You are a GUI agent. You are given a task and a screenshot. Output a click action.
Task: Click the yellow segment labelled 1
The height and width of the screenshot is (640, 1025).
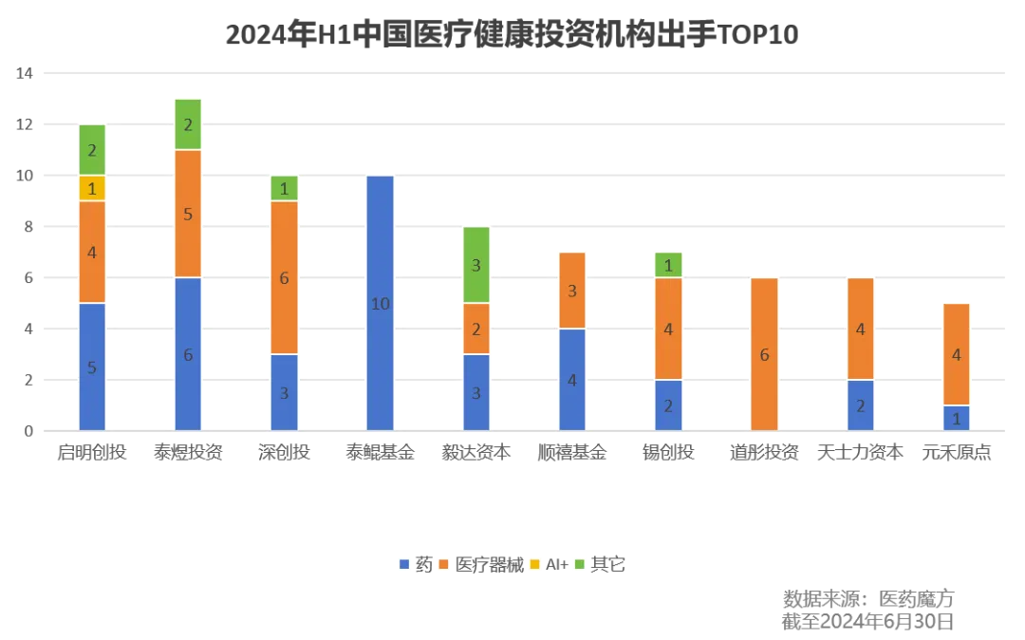click(92, 188)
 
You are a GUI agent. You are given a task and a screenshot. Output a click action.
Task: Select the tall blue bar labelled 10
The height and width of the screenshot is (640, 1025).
click(380, 303)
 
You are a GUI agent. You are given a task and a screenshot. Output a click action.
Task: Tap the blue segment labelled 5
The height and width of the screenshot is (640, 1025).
click(92, 367)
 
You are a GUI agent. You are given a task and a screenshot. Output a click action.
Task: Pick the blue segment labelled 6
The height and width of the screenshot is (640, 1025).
click(188, 354)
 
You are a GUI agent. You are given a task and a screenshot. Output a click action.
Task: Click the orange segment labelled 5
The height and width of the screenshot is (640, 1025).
click(188, 214)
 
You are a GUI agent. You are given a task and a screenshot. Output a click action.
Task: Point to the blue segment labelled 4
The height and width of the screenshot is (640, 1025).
click(572, 380)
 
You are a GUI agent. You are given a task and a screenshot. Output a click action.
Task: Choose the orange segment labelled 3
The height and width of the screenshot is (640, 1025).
click(572, 291)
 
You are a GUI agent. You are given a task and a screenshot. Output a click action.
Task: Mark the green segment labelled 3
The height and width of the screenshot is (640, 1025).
click(477, 265)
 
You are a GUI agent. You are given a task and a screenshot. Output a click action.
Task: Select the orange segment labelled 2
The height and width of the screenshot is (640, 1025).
click(477, 329)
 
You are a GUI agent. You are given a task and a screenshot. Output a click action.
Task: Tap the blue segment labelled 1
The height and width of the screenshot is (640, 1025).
click(957, 418)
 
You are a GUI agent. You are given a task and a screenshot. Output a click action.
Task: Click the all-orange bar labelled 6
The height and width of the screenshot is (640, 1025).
click(764, 354)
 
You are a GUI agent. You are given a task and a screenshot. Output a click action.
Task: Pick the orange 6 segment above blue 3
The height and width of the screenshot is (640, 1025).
click(285, 277)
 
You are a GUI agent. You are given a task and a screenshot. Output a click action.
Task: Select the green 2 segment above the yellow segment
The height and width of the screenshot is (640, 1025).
click(92, 150)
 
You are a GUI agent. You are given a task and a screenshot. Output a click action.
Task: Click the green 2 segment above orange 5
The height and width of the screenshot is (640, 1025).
click(188, 124)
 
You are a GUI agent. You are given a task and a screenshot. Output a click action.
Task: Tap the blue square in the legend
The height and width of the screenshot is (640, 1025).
click(405, 565)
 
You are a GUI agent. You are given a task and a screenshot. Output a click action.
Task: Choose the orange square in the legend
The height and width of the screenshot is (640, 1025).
click(443, 565)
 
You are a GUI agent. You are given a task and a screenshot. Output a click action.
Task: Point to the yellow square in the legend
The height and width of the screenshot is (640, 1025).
click(534, 565)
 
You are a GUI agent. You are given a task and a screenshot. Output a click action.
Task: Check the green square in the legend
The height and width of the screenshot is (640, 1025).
click(578, 565)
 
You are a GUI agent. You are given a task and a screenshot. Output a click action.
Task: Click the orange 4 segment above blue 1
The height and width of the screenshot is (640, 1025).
click(957, 354)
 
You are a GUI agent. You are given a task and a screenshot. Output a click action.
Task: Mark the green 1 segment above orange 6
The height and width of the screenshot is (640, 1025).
click(285, 188)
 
